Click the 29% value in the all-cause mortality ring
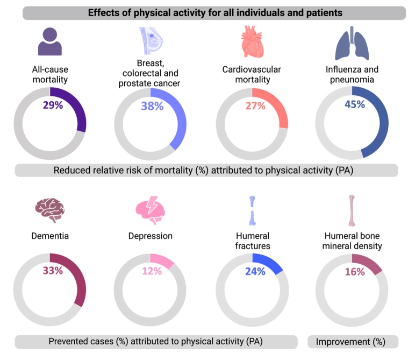pos(53,105)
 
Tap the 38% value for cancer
pos(152,106)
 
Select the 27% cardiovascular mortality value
pos(255,106)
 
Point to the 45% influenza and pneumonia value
pos(354,104)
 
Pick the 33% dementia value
pos(53,271)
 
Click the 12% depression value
pos(152,271)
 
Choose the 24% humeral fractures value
pos(255,271)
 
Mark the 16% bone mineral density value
pos(354,271)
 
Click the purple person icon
pos(50,41)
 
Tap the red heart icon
pos(252,43)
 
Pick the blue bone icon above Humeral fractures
pos(252,210)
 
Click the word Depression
pos(151,236)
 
